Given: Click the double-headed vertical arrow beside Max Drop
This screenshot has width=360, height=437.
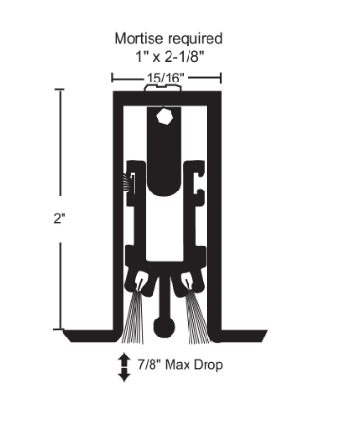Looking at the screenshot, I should pyautogui.click(x=123, y=367).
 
